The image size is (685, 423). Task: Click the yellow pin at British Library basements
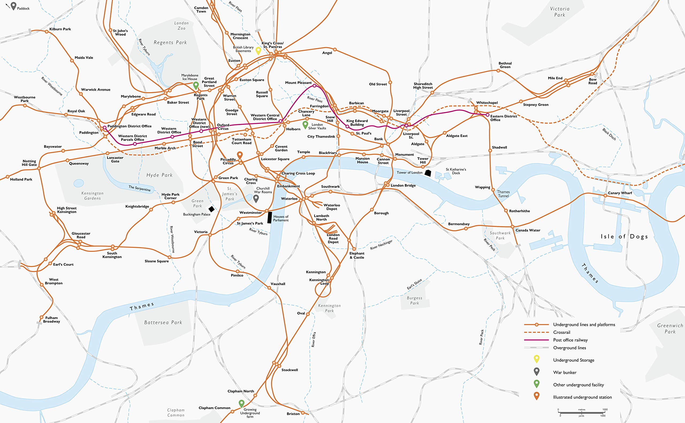258,50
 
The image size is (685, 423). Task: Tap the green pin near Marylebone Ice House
196,85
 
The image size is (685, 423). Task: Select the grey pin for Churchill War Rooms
256,198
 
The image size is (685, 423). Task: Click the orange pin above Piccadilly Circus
239,155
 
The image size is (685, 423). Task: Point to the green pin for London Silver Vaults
305,124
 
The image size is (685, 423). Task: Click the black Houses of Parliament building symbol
269,218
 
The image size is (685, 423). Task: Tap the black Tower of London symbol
428,173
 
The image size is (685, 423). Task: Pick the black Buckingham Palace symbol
212,209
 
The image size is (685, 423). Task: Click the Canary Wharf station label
620,193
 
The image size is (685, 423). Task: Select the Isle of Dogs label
624,237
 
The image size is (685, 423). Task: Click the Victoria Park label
560,12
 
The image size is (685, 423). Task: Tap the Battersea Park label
163,323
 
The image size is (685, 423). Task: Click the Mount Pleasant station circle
314,86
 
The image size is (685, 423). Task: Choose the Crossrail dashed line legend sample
536,332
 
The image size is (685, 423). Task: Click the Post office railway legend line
536,340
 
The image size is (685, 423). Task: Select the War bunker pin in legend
536,371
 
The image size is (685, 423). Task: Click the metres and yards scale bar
581,413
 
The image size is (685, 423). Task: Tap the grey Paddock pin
13,6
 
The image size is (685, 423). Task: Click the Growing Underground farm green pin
242,403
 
